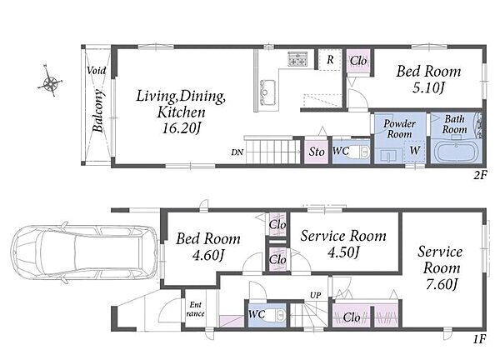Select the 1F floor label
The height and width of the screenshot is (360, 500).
pos(480,339)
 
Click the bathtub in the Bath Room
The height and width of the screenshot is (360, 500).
pos(457,152)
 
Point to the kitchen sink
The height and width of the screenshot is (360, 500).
pos(267,92)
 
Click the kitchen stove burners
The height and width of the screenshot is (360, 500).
pos(297,58)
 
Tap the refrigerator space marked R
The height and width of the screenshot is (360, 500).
pos(330,59)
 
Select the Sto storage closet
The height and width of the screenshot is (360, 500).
pos(316,151)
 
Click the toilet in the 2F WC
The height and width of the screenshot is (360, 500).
pos(358,152)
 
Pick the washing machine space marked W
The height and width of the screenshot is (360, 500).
pos(414,151)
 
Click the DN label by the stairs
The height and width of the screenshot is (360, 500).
pos(237,152)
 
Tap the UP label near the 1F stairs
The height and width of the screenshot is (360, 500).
pos(315,295)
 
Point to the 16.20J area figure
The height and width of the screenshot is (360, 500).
pos(181,128)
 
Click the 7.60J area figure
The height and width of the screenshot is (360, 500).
pos(442,284)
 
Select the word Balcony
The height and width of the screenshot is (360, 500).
pos(98,111)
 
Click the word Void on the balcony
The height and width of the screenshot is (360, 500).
pos(97,70)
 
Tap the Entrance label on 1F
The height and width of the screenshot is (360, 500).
pos(196,309)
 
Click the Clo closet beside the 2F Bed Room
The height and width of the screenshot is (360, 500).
pos(358,61)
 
